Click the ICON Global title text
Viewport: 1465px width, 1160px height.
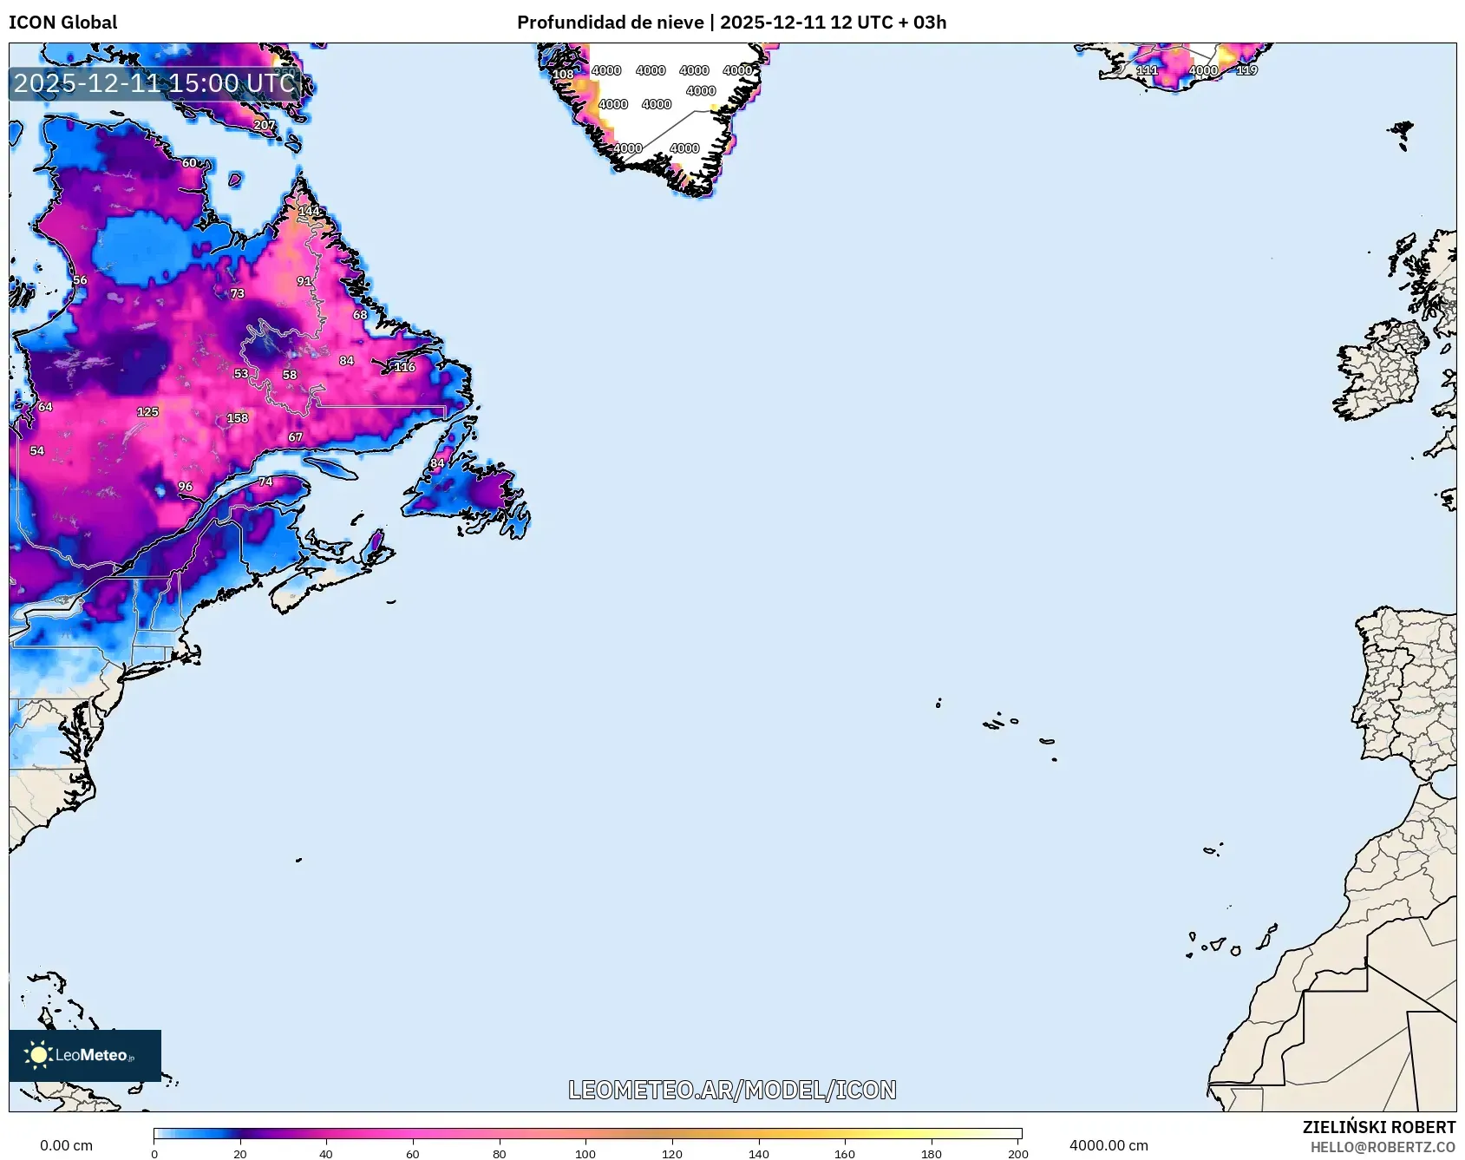62,22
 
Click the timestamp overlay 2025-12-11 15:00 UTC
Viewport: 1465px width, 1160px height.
154,83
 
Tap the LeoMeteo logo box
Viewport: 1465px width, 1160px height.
85,1055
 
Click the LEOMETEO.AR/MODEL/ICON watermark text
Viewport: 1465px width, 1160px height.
732,1090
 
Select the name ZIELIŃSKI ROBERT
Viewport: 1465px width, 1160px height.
1378,1127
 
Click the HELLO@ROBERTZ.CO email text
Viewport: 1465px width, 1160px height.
1383,1147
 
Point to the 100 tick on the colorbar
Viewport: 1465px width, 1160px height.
585,1153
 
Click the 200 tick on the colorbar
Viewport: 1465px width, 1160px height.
1018,1153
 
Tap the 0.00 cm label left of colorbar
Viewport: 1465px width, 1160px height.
66,1145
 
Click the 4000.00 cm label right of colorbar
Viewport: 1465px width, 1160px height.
1109,1145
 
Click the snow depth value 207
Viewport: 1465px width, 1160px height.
264,125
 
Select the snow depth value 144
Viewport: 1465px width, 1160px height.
309,211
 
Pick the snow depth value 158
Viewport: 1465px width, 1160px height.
238,418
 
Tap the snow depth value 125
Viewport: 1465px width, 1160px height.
147,412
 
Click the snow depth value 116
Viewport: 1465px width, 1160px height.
404,367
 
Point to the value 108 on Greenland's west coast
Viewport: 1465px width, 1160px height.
563,75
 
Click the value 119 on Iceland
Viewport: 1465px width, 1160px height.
1246,70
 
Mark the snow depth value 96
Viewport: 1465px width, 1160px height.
185,487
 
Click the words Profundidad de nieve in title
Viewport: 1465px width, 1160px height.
610,22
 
